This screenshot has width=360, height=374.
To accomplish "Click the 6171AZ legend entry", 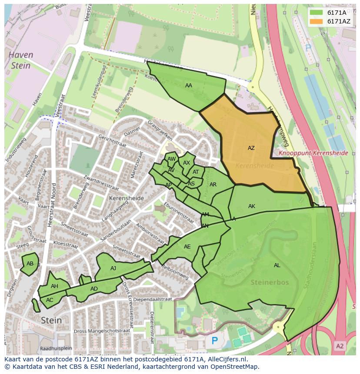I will click(x=333, y=21).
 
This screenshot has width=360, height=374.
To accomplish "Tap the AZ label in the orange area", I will click(x=251, y=148).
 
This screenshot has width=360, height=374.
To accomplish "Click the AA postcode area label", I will click(x=188, y=86).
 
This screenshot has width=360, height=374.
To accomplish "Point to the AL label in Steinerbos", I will click(x=277, y=265).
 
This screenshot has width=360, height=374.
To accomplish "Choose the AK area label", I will click(x=252, y=206).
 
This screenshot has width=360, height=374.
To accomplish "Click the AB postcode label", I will click(x=30, y=264).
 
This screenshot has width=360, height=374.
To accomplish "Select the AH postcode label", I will click(x=54, y=286).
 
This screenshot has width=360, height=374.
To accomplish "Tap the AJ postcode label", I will click(x=113, y=268).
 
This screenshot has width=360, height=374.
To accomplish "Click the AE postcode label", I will click(x=187, y=247).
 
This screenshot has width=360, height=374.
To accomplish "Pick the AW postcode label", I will click(x=171, y=159).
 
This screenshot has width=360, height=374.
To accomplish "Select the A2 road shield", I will click(x=340, y=346).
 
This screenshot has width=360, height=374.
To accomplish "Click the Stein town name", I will click(x=51, y=320).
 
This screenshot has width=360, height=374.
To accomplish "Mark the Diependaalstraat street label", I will click(x=153, y=299).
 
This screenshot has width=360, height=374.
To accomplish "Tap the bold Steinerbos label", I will click(x=270, y=282).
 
